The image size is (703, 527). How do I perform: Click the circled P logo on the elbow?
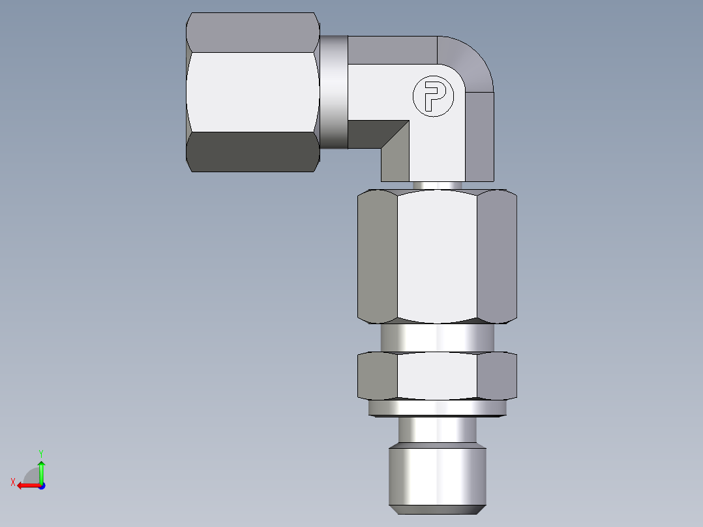click(432, 98)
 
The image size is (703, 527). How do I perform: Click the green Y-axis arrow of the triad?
click(41, 471)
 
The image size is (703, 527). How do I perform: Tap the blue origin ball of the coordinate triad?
click(41, 485)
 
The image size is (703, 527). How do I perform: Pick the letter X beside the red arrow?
click(12, 483)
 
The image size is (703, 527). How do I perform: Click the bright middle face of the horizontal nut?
click(252, 92)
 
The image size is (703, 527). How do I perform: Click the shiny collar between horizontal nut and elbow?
click(333, 92)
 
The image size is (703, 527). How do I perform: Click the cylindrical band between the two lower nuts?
click(437, 338)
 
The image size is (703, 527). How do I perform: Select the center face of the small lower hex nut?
click(437, 376)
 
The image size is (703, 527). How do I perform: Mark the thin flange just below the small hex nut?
click(437, 408)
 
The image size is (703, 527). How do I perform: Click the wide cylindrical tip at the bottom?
click(437, 476)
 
